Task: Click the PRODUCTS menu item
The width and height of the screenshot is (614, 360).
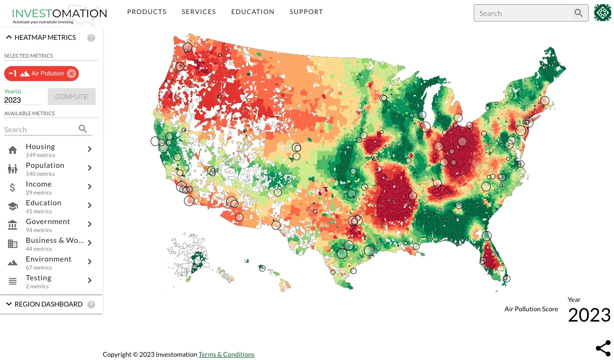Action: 146,12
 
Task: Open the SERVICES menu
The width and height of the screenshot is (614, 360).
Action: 199,12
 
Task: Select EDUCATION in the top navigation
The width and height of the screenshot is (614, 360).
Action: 252,12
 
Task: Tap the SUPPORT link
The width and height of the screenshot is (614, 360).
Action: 306,12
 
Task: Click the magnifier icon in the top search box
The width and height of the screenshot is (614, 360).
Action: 578,13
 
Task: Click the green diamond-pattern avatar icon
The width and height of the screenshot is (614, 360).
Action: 603,13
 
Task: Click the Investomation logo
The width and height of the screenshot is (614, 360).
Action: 60,15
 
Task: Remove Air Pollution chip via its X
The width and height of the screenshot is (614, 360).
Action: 71,74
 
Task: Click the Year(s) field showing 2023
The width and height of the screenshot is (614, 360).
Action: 23,100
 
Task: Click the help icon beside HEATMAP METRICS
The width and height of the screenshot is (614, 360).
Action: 91,38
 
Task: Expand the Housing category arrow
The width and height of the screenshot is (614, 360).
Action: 90,149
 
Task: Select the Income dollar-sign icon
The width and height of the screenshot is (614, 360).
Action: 13,187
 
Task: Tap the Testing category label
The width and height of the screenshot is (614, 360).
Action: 38,278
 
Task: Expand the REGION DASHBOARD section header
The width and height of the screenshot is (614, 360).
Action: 48,304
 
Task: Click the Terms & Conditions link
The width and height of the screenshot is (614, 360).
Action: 227,354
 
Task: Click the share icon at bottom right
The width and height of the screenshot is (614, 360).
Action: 603,348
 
